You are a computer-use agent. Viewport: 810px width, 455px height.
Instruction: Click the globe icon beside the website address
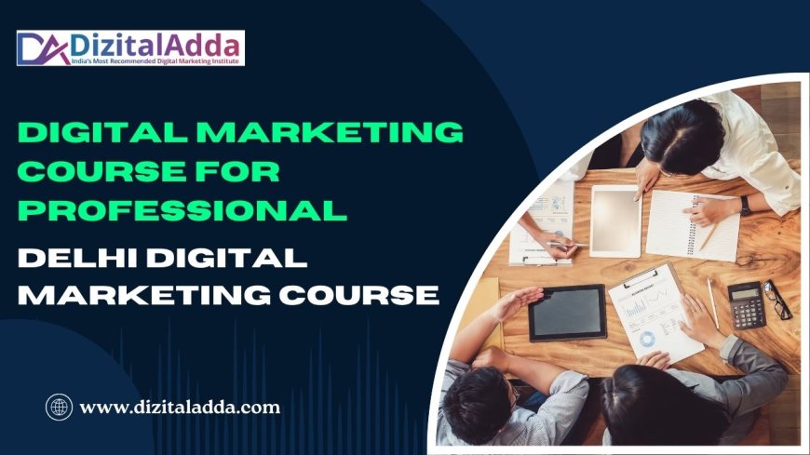click(x=59, y=407)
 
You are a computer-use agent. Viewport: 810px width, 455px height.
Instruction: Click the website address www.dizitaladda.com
click(x=181, y=407)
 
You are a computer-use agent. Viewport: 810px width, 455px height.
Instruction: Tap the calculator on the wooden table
click(x=745, y=305)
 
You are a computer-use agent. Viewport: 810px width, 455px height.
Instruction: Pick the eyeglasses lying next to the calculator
click(x=778, y=300)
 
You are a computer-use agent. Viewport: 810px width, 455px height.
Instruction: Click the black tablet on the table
click(x=567, y=312)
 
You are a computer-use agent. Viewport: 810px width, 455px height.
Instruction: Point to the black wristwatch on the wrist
click(x=745, y=205)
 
